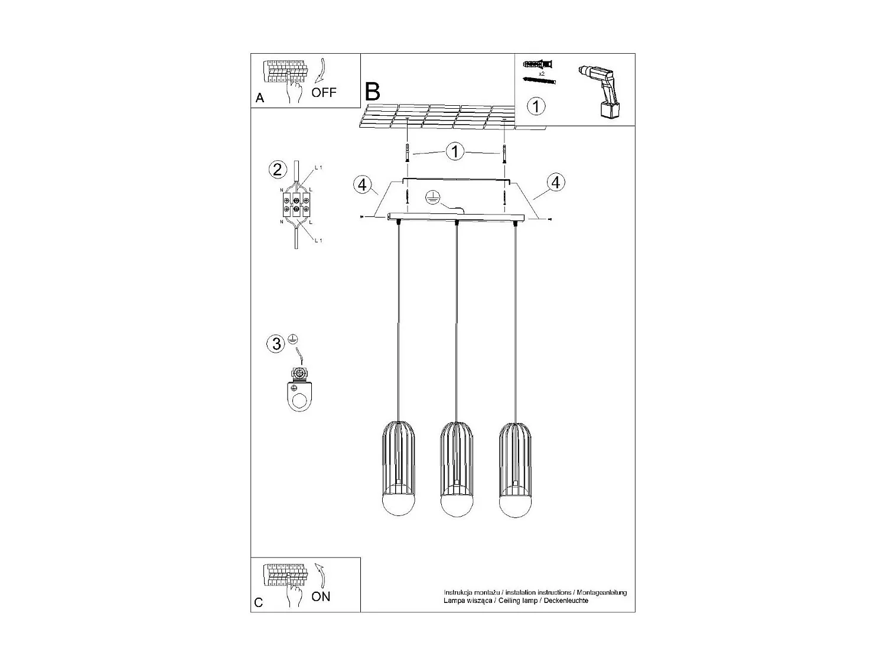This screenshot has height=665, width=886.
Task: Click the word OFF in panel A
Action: (x=324, y=92)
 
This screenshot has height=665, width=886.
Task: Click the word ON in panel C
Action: (x=321, y=596)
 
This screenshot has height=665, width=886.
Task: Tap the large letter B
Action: (x=373, y=92)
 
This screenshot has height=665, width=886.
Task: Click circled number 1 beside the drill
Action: (x=536, y=107)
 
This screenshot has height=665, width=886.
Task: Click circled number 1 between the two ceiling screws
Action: (x=455, y=151)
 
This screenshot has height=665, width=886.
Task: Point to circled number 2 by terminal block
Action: (x=276, y=170)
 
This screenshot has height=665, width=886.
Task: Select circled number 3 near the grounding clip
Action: (x=276, y=343)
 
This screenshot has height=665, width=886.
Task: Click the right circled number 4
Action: (x=555, y=183)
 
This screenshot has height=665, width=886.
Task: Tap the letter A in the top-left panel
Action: (x=260, y=99)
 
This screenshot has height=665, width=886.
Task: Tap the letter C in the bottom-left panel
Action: (x=259, y=602)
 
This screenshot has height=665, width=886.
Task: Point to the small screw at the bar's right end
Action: (x=550, y=220)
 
